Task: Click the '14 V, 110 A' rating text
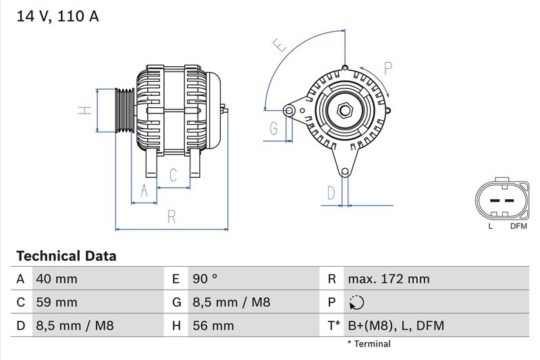pos(57,17)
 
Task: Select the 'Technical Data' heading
pos(65,256)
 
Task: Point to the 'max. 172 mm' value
pos(388,279)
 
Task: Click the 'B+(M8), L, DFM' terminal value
pos(396,326)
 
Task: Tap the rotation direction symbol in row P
pos(357,303)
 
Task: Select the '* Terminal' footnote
pos(369,344)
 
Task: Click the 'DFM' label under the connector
pos(518,226)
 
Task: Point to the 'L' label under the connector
pos(491,226)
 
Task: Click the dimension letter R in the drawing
pos(171,216)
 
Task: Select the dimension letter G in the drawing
pos(274,128)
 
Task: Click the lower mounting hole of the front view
pos(346,171)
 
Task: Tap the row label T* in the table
pos(333,326)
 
